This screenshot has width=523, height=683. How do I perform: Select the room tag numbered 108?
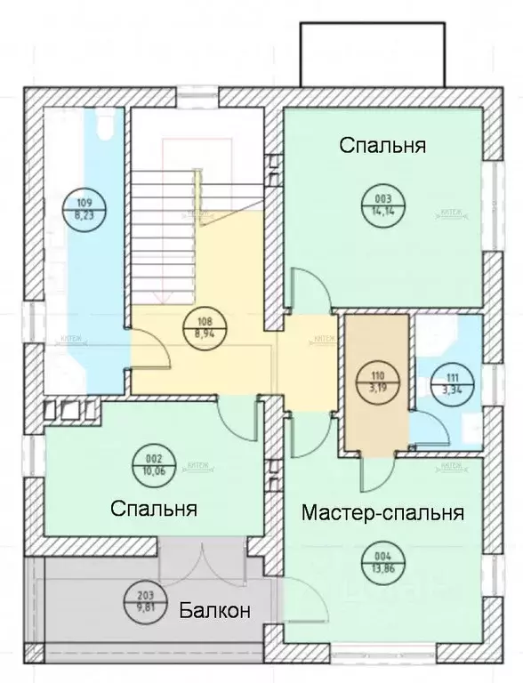click(204, 328)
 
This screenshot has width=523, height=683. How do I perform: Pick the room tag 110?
click(373, 382)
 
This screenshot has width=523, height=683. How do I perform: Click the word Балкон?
click(213, 611)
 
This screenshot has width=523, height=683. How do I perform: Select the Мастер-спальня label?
click(382, 513)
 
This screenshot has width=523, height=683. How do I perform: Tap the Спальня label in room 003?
click(382, 146)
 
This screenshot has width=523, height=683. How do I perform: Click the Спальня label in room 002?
click(153, 509)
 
